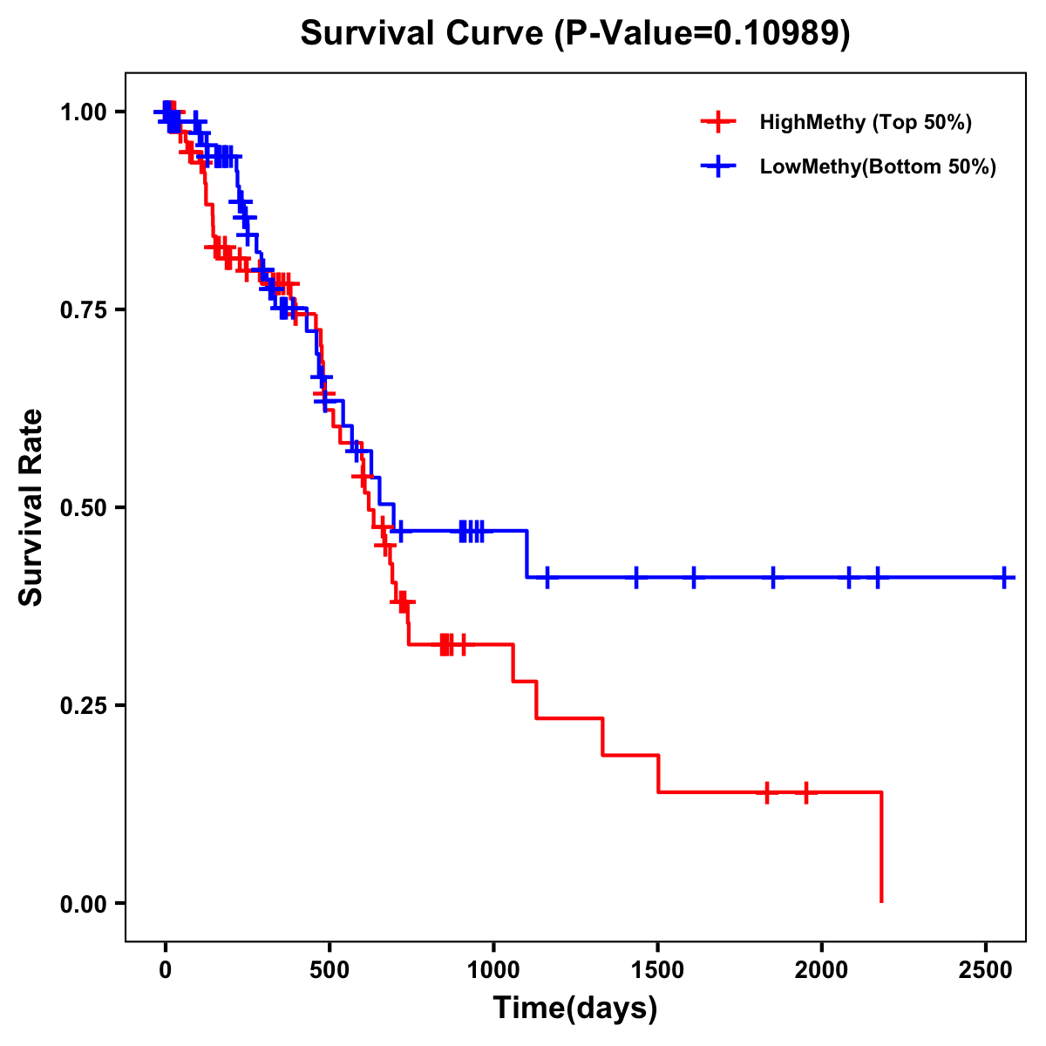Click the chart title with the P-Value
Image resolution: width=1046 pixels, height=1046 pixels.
click(x=574, y=33)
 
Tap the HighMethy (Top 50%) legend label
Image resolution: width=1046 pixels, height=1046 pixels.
click(x=865, y=122)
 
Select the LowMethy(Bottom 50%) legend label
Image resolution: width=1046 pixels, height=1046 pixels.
click(x=878, y=166)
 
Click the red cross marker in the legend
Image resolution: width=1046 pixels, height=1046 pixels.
click(x=717, y=122)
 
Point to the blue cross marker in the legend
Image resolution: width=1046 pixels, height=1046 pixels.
click(x=717, y=166)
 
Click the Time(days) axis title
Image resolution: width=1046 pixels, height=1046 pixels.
click(x=574, y=1009)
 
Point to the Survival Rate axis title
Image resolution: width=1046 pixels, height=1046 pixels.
click(x=31, y=507)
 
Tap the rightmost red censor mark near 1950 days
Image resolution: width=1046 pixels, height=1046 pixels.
click(x=805, y=792)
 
